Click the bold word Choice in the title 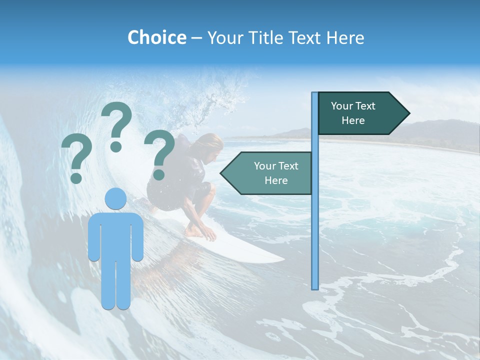tap(156, 37)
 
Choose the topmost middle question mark tap(117, 125)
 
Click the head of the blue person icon tap(115, 198)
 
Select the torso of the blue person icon tap(115, 235)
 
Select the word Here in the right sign tap(353, 120)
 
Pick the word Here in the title tap(345, 37)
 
